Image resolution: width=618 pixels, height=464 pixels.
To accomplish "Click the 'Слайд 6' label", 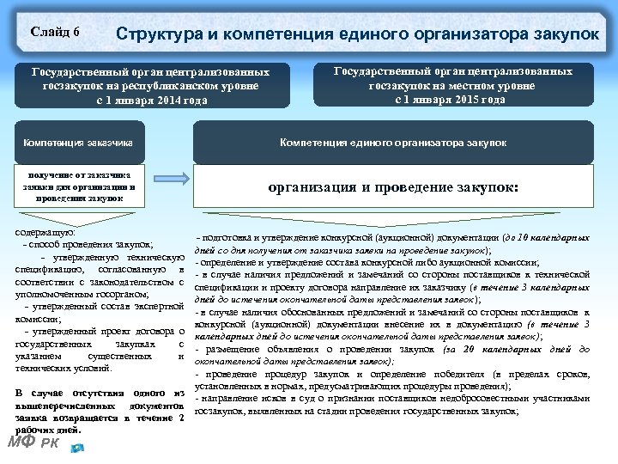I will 55,32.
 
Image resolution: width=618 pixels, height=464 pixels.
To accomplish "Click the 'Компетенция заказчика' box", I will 83,142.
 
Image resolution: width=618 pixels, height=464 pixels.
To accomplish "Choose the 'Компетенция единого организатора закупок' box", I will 393,142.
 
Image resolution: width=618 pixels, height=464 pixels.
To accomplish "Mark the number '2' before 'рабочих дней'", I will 182,418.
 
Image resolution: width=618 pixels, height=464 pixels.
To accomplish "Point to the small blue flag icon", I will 78,446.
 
